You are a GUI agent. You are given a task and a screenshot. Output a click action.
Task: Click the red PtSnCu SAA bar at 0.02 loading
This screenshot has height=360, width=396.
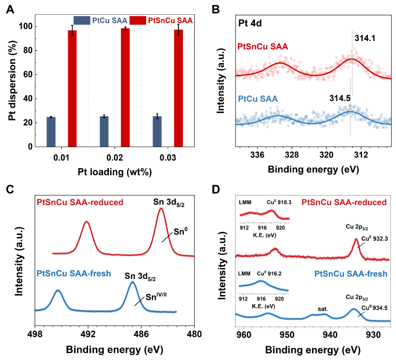pos(125,88)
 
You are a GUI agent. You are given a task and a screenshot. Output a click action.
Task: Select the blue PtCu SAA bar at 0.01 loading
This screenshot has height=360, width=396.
pos(51,132)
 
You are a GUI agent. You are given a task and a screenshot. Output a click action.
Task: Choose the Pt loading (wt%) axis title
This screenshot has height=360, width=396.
pos(114,172)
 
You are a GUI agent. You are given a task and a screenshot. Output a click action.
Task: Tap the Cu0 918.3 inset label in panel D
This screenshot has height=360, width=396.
pos(279,202)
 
